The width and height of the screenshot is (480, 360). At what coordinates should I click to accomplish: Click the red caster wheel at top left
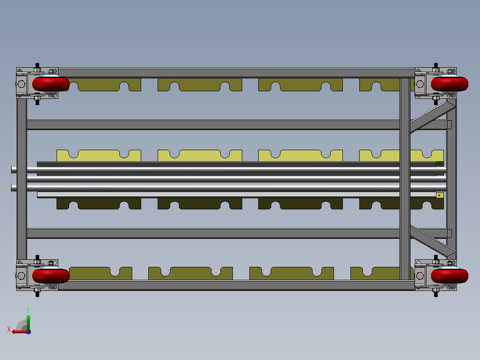coord(51,84)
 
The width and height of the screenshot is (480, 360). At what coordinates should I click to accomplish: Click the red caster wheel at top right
coord(449,84)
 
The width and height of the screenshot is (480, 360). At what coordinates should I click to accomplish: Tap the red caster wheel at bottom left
coord(51,276)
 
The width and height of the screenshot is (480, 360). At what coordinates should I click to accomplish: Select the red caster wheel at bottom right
coord(449,276)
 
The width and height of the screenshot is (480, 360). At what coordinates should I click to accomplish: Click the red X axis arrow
coord(20,331)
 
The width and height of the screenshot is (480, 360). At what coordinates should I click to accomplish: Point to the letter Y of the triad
coord(28,310)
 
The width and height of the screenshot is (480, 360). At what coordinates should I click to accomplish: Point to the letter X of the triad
coord(9,329)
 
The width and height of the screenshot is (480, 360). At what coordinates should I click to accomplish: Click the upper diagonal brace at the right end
coord(433,117)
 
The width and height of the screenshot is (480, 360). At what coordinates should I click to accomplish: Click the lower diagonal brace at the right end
coord(433,241)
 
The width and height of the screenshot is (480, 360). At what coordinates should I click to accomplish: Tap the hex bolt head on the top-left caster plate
coord(21,84)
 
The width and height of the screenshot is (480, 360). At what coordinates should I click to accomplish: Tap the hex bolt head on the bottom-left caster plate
coord(21,276)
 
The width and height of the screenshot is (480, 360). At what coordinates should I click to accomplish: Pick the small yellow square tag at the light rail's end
coord(439,195)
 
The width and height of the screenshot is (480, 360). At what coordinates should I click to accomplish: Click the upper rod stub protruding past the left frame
coord(14,170)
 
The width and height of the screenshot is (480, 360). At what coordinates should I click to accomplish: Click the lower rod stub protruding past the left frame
coord(14,188)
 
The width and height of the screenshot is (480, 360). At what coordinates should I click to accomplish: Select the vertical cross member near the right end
coord(405,179)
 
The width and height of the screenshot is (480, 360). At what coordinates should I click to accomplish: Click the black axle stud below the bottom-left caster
coord(37,294)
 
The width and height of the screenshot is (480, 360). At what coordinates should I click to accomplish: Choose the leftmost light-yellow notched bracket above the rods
coord(98,155)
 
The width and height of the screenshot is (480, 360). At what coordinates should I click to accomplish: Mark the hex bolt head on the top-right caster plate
coord(420,84)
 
